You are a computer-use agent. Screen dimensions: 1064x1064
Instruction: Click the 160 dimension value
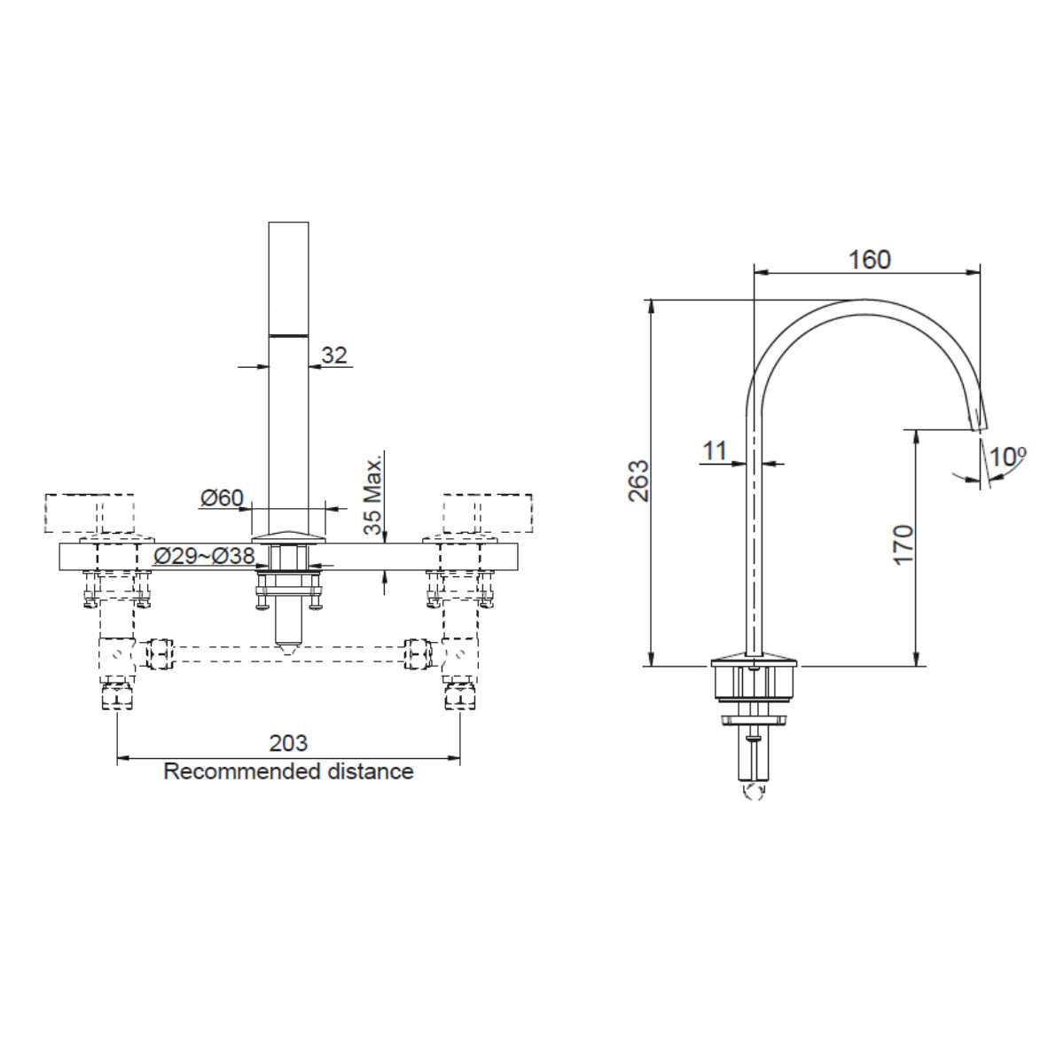(x=869, y=260)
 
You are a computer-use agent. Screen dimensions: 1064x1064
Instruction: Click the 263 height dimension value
(x=638, y=481)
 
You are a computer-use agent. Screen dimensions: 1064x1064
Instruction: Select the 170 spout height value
(x=904, y=544)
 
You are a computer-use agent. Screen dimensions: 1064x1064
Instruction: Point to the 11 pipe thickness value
(x=715, y=451)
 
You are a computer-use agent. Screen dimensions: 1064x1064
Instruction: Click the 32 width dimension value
(x=334, y=356)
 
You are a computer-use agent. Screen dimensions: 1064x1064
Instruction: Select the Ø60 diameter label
(x=221, y=498)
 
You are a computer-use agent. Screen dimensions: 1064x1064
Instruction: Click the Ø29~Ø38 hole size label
(x=204, y=556)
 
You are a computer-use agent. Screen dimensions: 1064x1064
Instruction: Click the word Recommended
(x=240, y=771)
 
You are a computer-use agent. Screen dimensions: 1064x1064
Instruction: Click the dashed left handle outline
(x=92, y=512)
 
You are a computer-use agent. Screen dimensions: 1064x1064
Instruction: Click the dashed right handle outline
(x=488, y=512)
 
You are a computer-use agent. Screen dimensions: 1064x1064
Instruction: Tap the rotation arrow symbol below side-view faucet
(x=755, y=791)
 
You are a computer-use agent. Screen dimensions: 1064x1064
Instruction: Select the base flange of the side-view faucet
(x=755, y=660)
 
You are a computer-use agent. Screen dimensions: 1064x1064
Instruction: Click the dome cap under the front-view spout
(x=289, y=536)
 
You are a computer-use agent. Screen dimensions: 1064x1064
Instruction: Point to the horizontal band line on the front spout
(x=289, y=335)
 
